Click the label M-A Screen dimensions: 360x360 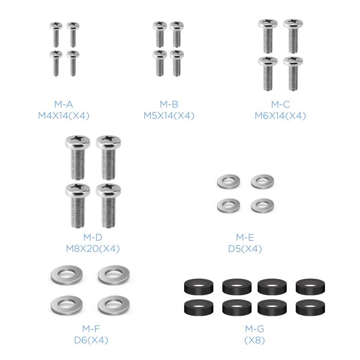[x=64, y=104]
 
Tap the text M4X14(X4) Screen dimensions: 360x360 [x=64, y=116]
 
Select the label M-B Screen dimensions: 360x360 [x=169, y=104]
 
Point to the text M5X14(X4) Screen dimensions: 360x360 [x=169, y=116]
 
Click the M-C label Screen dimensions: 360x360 [x=280, y=104]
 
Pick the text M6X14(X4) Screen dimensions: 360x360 [x=280, y=116]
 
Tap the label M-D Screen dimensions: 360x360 [x=93, y=237]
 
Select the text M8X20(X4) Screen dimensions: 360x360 [x=93, y=249]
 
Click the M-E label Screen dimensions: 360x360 [x=245, y=237]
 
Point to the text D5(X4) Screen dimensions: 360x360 [x=245, y=249]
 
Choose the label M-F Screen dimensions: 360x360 [x=91, y=328]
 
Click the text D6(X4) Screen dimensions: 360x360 [x=91, y=340]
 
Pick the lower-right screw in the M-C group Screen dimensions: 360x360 [x=293, y=72]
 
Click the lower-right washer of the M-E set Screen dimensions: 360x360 [x=262, y=205]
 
